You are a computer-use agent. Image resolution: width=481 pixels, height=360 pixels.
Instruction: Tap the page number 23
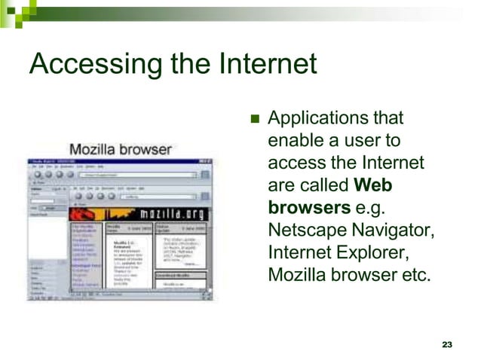coord(446,344)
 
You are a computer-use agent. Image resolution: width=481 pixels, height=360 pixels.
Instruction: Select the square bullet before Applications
coord(254,119)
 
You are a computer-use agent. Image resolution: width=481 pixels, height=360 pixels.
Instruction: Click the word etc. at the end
coord(415,273)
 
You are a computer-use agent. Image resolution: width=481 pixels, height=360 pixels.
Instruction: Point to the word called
coord(321,185)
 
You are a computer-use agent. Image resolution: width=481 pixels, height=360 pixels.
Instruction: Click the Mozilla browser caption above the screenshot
coord(121,149)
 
